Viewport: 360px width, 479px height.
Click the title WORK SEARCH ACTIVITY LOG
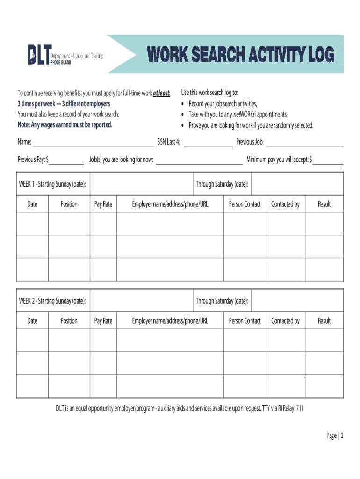click(x=241, y=56)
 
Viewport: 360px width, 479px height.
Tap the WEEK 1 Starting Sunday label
click(x=52, y=184)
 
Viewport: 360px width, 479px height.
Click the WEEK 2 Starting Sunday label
click(x=52, y=301)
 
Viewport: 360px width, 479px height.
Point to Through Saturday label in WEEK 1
click(x=222, y=184)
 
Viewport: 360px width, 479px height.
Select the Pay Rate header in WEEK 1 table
click(x=103, y=204)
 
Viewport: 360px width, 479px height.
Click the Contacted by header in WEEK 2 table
click(x=285, y=321)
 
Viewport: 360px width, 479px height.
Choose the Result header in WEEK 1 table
click(x=324, y=204)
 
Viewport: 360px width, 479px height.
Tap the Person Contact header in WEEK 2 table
click(x=245, y=321)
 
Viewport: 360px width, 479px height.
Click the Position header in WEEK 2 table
click(x=69, y=321)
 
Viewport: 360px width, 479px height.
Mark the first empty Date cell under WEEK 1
click(x=32, y=224)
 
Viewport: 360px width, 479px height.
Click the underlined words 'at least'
click(x=161, y=93)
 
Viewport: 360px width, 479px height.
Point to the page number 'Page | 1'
click(x=335, y=436)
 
